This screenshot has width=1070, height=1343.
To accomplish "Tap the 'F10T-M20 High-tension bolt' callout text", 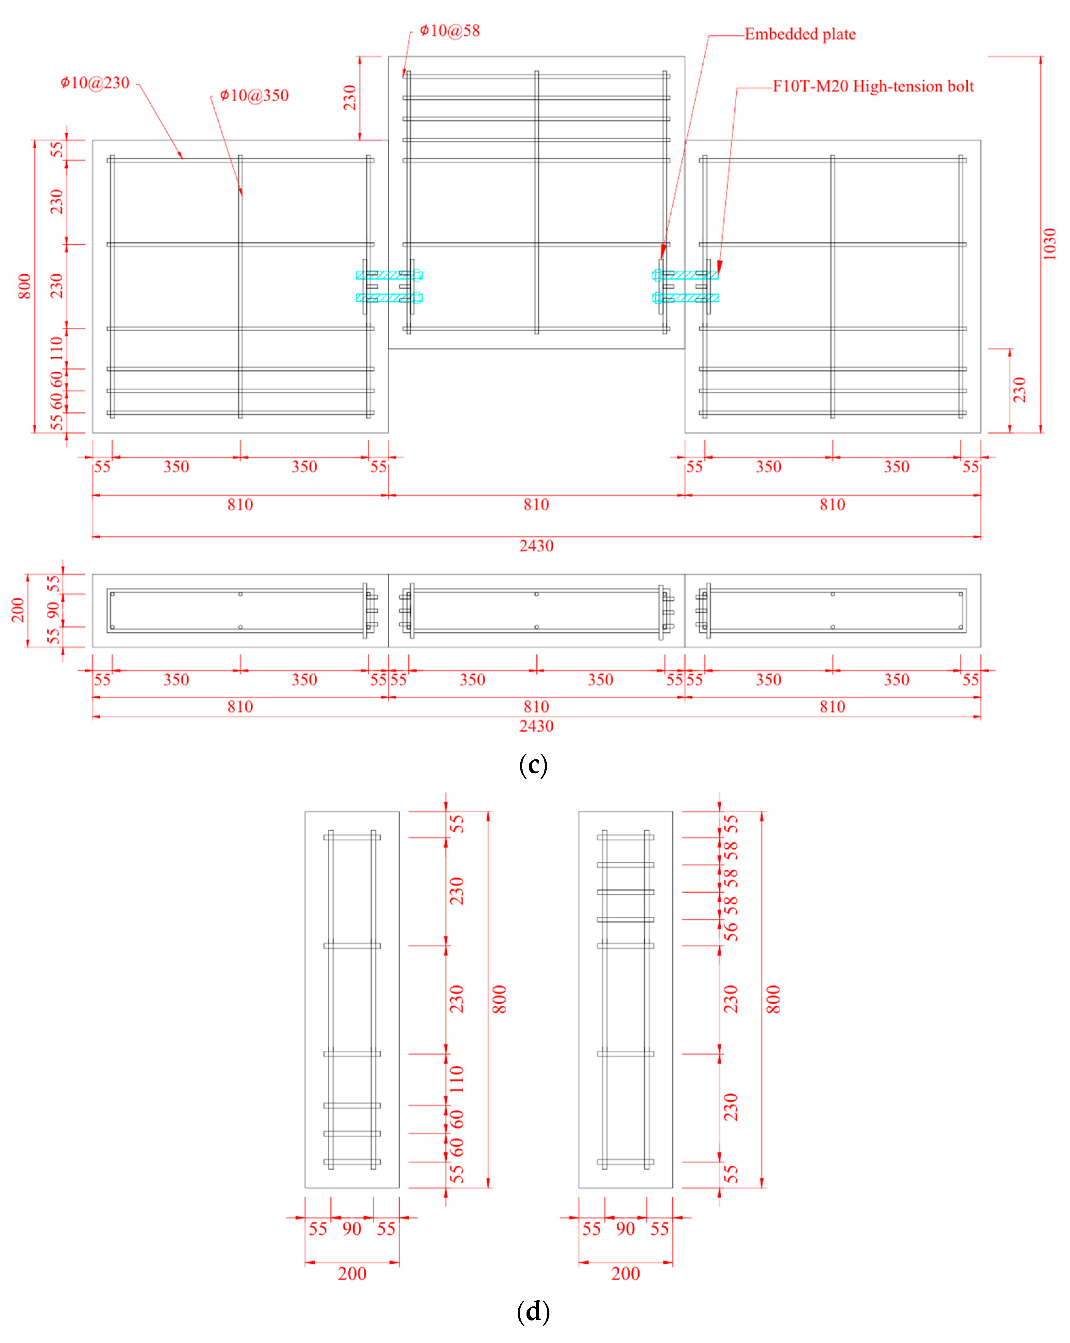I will [873, 87].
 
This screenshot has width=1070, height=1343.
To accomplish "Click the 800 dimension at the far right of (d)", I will [773, 999].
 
